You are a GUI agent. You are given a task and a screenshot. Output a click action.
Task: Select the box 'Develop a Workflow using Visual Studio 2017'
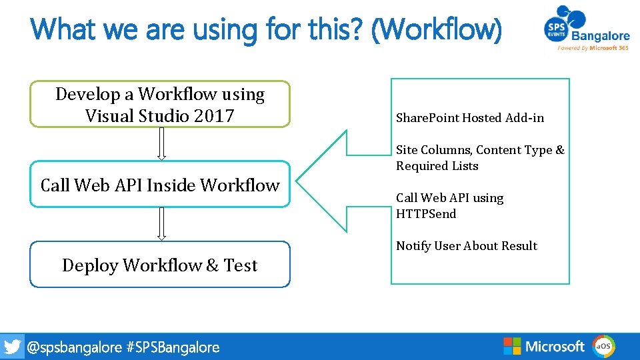[160, 104]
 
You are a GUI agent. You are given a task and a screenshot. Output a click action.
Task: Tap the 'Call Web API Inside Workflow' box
[160, 185]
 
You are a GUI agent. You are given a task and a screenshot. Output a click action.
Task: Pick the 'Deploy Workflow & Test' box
[160, 265]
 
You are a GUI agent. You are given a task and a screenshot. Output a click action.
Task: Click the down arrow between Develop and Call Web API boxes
[161, 143]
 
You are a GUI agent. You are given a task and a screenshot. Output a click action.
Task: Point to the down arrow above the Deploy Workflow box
[161, 223]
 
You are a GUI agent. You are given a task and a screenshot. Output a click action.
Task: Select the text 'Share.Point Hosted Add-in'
[470, 118]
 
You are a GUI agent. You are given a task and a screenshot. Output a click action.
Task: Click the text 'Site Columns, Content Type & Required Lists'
[480, 158]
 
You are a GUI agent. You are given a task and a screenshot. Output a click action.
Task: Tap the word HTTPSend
[426, 214]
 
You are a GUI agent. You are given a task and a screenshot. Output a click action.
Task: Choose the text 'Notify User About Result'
[467, 246]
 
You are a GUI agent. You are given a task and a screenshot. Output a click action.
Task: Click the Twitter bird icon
[12, 347]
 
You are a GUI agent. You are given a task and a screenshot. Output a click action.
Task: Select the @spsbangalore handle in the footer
[74, 347]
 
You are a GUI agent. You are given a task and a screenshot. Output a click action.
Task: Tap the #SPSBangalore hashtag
[173, 347]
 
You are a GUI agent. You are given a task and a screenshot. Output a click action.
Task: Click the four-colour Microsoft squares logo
[512, 346]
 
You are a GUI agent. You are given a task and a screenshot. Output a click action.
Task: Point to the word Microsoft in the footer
[555, 346]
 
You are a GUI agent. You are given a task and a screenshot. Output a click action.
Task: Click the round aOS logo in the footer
[604, 346]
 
